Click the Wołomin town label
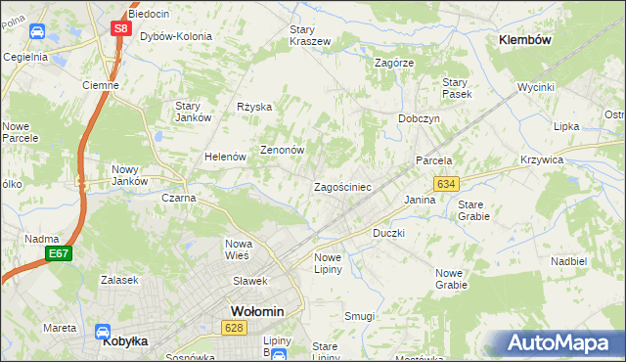(256, 311)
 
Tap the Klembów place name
(525, 40)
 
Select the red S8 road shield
(119, 28)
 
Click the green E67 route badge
(59, 254)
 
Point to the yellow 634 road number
(446, 184)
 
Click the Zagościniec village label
(340, 187)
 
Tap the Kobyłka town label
(124, 344)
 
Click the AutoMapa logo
(558, 343)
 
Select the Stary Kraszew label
(309, 35)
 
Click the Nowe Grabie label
(451, 279)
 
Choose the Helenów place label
(223, 157)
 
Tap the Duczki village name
(388, 234)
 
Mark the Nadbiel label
(568, 262)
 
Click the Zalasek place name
(120, 280)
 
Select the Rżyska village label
(253, 108)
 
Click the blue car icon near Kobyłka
(102, 333)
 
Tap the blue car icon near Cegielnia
(36, 31)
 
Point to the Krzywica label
(568, 159)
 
